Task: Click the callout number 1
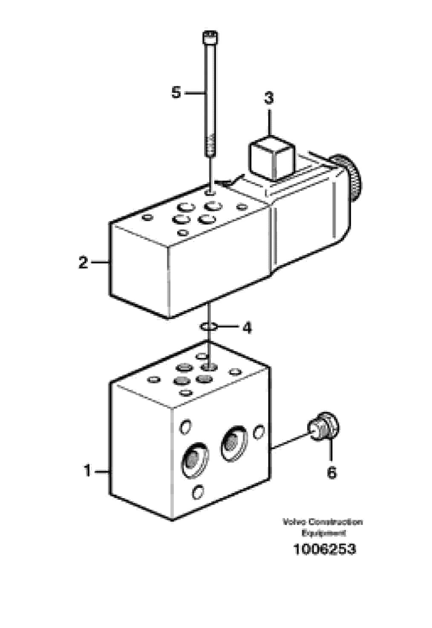[88, 471]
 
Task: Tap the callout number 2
[83, 262]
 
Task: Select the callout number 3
[268, 98]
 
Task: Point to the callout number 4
[247, 328]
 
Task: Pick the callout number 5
[176, 92]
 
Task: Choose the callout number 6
[331, 472]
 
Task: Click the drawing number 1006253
[324, 549]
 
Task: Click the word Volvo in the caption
[294, 522]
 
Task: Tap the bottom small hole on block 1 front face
[197, 492]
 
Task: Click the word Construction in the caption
[335, 522]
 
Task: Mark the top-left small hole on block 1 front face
[185, 426]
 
